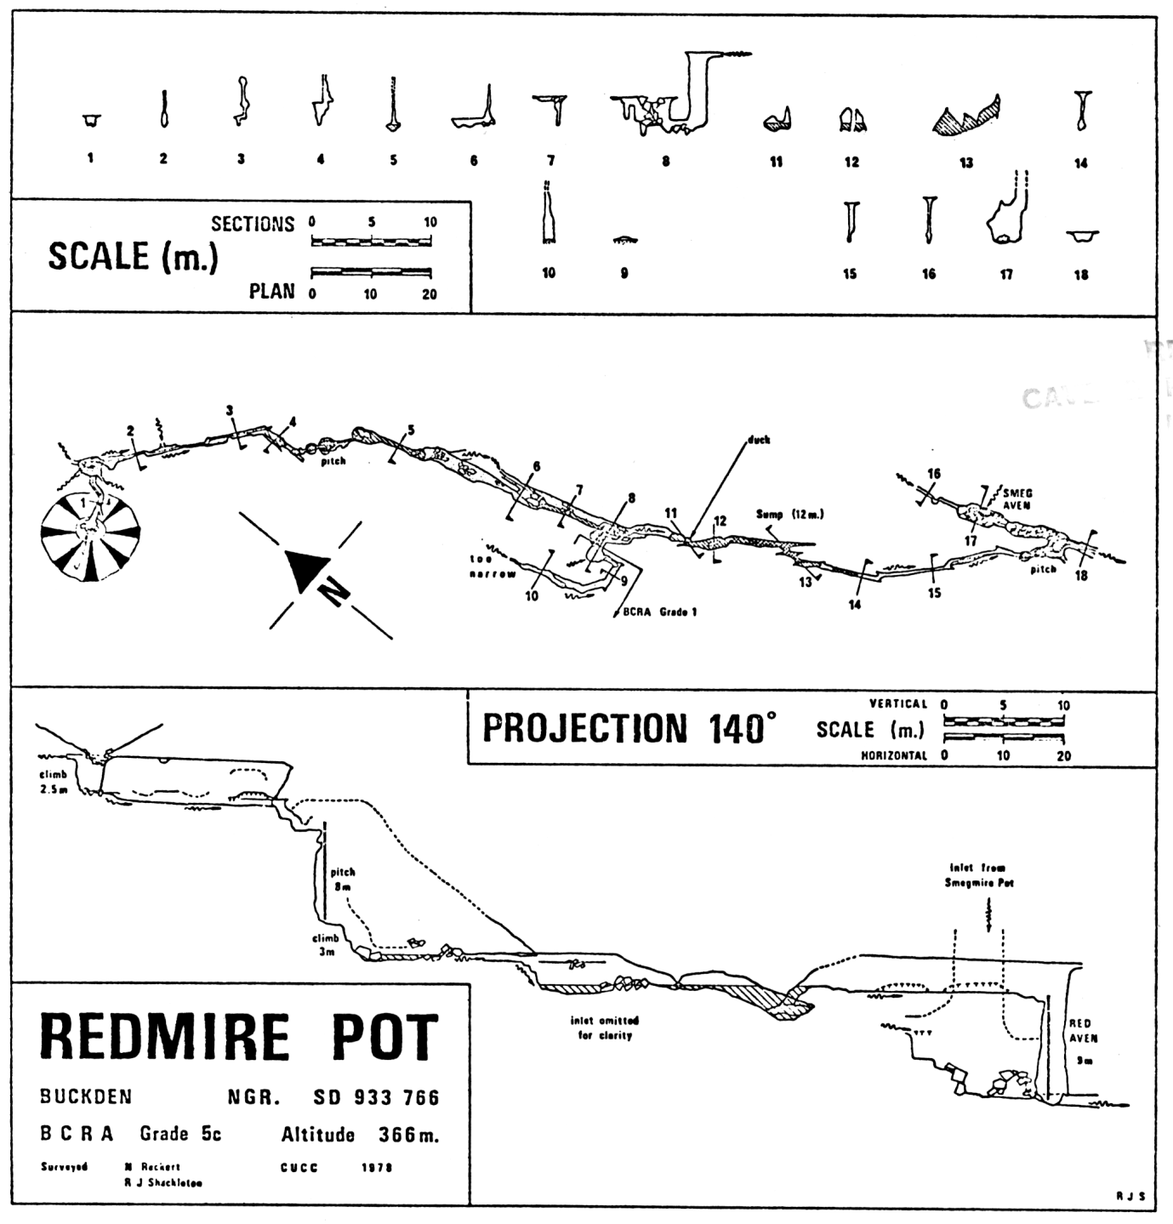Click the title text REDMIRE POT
(x=239, y=1038)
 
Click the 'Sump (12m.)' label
(x=789, y=515)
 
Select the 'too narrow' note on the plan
(x=493, y=566)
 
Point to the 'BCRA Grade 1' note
(x=659, y=612)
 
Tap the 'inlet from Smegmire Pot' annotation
(x=979, y=875)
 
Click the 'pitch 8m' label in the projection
(x=343, y=879)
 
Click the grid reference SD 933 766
(x=376, y=1097)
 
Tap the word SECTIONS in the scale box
(x=253, y=224)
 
